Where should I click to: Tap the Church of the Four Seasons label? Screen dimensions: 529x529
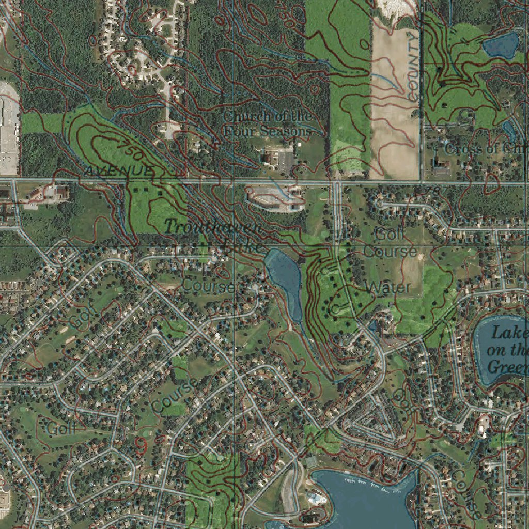point(267,123)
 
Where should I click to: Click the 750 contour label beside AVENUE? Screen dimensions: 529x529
point(129,149)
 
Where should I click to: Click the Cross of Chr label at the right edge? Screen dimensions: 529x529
point(486,149)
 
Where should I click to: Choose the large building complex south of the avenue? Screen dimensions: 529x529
point(274,198)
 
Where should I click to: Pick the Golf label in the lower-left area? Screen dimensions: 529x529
point(61,428)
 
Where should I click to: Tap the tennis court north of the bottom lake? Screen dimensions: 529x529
point(312,461)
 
